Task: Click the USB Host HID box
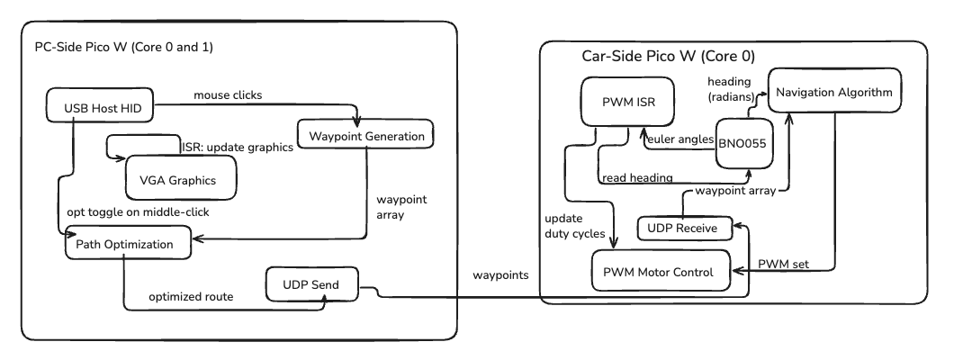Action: (100, 109)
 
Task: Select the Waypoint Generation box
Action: (365, 136)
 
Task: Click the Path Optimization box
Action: (127, 242)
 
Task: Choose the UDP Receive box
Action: (682, 229)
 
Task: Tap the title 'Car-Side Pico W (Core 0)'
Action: (669, 56)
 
